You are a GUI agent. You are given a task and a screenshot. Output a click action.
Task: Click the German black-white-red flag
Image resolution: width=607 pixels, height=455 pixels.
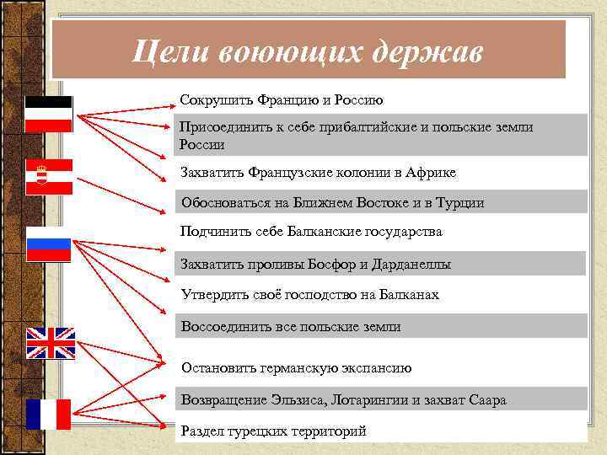tap(48, 114)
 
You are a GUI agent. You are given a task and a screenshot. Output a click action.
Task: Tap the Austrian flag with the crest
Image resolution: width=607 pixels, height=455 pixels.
tap(48, 177)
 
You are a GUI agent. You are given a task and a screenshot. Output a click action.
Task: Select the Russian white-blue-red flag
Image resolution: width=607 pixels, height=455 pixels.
tap(49, 244)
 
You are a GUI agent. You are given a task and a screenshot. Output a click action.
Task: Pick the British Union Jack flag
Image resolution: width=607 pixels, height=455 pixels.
tap(51, 343)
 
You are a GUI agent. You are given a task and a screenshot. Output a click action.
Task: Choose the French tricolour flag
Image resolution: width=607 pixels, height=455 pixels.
tap(48, 414)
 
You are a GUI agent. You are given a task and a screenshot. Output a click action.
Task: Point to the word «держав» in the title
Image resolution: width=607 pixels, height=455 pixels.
tap(425, 51)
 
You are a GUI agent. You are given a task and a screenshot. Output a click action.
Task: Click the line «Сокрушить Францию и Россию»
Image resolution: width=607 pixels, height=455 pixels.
tap(282, 100)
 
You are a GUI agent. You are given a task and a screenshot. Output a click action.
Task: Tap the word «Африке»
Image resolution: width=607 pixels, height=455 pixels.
tap(431, 173)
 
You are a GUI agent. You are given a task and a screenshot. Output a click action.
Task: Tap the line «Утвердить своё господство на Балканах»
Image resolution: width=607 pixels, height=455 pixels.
tap(310, 295)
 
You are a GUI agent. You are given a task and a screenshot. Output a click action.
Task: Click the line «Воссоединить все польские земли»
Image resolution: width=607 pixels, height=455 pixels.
tap(291, 327)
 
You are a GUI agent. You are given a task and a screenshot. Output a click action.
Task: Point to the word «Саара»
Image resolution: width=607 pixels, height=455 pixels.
tap(486, 400)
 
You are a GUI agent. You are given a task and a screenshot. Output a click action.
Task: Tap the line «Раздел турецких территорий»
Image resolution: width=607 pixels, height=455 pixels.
tap(274, 431)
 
